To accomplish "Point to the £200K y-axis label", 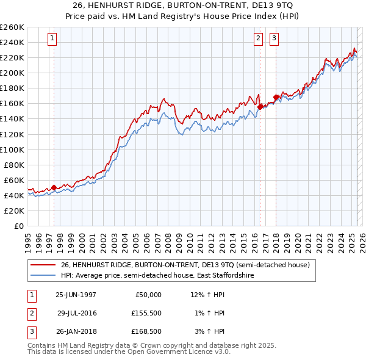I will click(x=12, y=73).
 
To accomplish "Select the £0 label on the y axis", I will click(x=20, y=226).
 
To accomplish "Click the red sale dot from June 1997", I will click(x=54, y=187).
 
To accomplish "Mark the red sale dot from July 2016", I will click(x=260, y=107).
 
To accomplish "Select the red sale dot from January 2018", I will click(x=276, y=97).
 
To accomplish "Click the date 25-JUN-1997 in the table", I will click(x=76, y=295).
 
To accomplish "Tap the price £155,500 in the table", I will click(x=146, y=313).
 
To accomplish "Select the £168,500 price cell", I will click(x=146, y=331).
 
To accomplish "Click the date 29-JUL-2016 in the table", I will click(x=77, y=313).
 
